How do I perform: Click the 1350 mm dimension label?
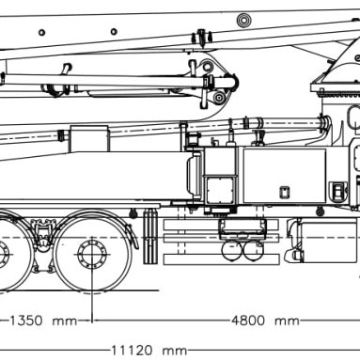click(x=43, y=321)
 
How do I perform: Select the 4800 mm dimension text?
click(x=265, y=321)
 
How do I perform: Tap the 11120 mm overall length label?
click(x=149, y=351)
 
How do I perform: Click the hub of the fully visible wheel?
click(x=92, y=254)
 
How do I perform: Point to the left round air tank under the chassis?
click(x=231, y=250)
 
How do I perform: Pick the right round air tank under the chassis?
click(x=253, y=250)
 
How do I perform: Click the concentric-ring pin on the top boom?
click(x=243, y=21)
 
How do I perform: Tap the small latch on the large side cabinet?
click(x=285, y=192)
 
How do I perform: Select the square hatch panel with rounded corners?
click(x=220, y=191)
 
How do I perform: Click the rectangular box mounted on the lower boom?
click(x=89, y=138)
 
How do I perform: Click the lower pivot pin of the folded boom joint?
click(x=219, y=98)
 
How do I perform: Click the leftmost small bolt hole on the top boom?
click(x=41, y=32)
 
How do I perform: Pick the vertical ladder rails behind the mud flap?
click(x=150, y=237)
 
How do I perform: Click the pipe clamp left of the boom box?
click(x=63, y=136)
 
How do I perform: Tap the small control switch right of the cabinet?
click(x=337, y=191)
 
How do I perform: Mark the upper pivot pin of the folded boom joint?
click(x=207, y=67)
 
